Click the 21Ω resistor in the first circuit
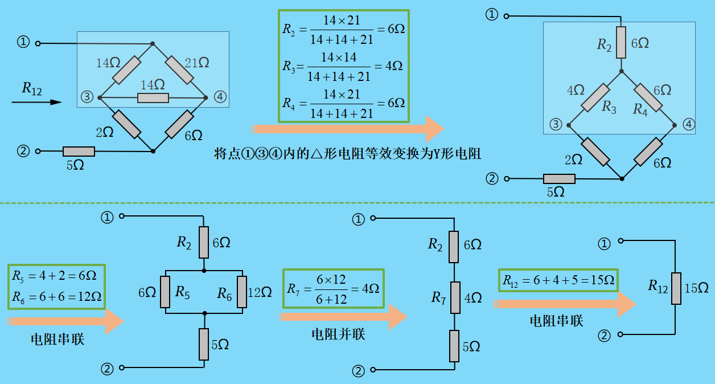[180, 70]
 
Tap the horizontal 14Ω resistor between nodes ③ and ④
[153, 98]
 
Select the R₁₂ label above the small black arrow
[32, 88]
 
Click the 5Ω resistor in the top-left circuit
[79, 151]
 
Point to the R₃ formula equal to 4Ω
[343, 66]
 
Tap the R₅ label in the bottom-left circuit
[182, 293]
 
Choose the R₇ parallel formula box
[334, 289]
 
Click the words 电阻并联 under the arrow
[338, 334]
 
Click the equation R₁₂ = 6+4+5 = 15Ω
[558, 280]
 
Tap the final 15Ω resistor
[675, 288]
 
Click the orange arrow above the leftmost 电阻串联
[65, 321]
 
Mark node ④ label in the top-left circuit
[220, 97]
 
